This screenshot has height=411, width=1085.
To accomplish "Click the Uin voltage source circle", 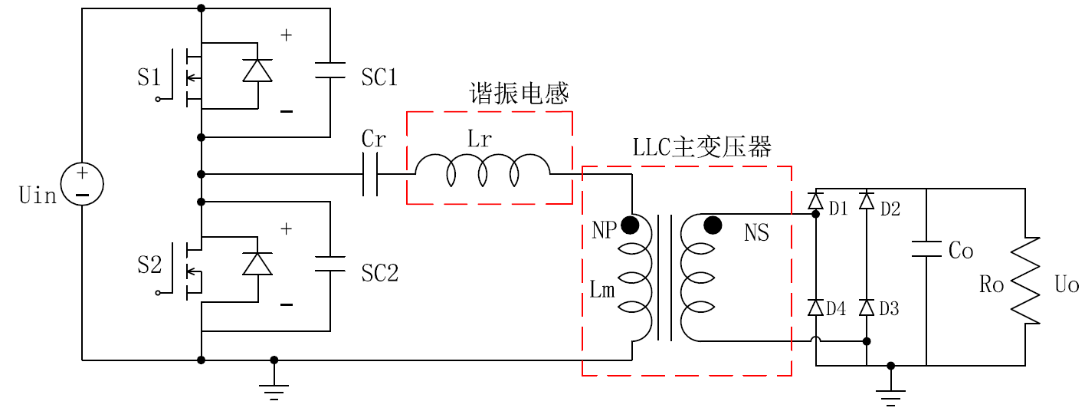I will click(82, 184).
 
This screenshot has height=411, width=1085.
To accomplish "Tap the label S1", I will click(149, 77).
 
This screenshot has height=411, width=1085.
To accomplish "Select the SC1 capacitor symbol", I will click(329, 70).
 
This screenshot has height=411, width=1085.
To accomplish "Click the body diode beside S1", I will click(257, 71).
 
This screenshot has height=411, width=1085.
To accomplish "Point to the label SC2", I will click(379, 273).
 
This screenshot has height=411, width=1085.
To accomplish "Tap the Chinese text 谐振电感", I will click(519, 94).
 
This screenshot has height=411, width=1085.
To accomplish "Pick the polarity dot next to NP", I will click(630, 225).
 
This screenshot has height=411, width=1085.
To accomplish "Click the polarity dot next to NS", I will click(713, 225).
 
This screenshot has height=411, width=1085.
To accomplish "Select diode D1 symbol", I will click(815, 201).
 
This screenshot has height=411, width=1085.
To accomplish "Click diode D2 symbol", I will click(867, 201).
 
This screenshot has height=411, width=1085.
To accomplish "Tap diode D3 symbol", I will click(867, 308).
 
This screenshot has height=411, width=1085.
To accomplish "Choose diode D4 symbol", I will click(815, 308).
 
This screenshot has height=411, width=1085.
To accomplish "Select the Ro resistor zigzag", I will click(1024, 281).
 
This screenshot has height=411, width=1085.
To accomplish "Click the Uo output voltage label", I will click(1066, 285).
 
